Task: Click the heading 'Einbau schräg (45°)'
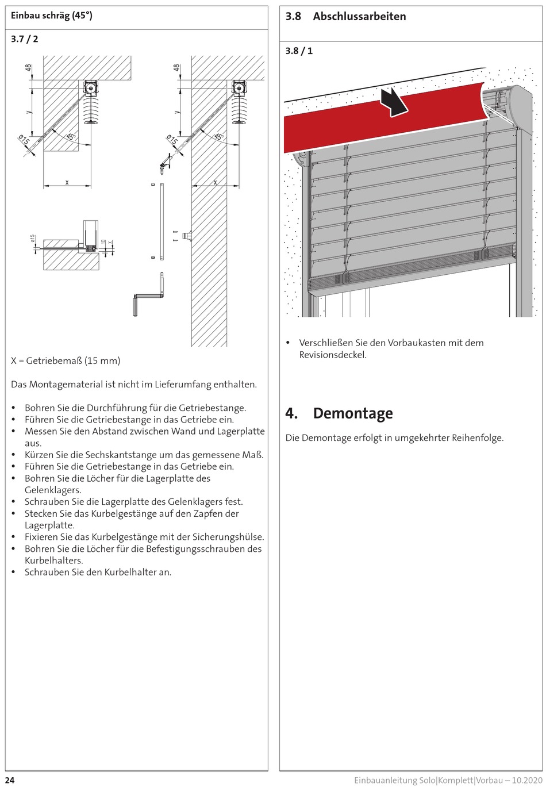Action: coord(52,16)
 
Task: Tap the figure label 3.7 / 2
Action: coord(25,39)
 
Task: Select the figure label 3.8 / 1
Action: coord(299,51)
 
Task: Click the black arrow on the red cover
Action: coord(394,101)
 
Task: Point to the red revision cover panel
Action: coord(345,124)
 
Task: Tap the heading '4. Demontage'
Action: coord(339,413)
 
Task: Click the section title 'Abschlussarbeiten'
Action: coord(359,17)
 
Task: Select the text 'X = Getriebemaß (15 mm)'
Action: coord(66,361)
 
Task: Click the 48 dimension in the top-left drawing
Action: coord(28,68)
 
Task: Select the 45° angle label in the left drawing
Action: coord(70,137)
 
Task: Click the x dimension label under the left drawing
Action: coord(67,182)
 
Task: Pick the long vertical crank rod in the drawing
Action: coord(162,221)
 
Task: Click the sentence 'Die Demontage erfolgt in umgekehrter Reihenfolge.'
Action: coord(394,438)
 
